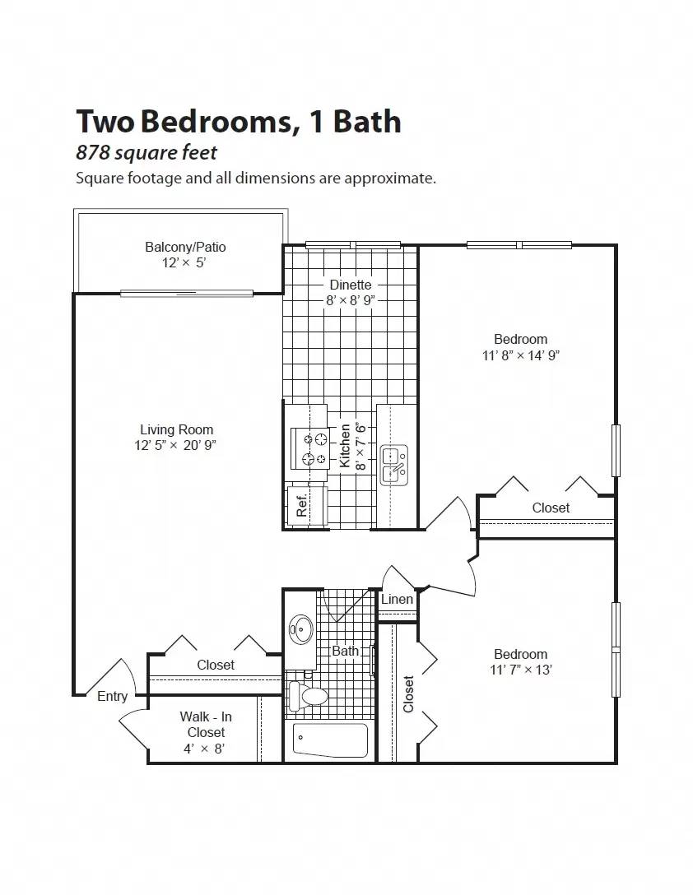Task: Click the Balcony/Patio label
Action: (x=185, y=247)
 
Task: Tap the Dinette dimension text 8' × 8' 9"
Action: (x=351, y=301)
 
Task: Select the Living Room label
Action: (x=176, y=429)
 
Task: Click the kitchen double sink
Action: (x=393, y=464)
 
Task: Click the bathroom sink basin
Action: (x=300, y=631)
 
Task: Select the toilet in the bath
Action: (x=309, y=696)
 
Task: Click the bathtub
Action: (x=330, y=740)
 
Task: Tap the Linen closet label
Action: (x=397, y=599)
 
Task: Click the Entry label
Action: (x=113, y=697)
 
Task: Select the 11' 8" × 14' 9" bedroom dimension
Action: (x=520, y=355)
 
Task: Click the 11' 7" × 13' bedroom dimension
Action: (x=520, y=670)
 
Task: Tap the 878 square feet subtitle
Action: (x=147, y=152)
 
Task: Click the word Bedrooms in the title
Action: (x=216, y=121)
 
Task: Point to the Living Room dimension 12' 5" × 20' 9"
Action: (x=176, y=446)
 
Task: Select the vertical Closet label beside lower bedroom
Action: (x=409, y=693)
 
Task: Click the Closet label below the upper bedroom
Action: (x=551, y=508)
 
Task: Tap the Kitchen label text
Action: (x=346, y=446)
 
